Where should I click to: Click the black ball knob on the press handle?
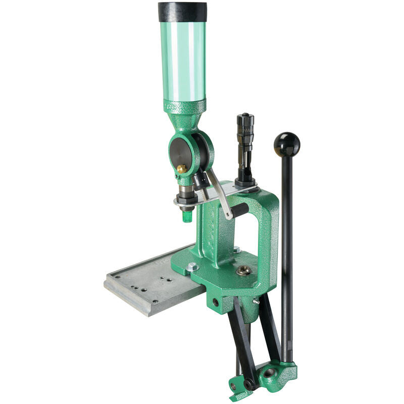coord(286,144)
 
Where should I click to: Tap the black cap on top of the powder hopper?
coord(182,12)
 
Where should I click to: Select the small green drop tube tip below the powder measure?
coord(187,216)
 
